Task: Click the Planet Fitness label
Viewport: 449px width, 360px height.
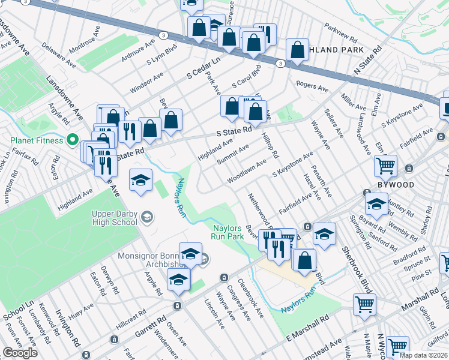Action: [36, 140]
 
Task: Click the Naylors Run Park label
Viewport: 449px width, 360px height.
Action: [228, 232]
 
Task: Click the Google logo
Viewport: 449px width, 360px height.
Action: [20, 353]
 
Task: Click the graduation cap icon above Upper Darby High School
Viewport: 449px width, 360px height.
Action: [140, 179]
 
